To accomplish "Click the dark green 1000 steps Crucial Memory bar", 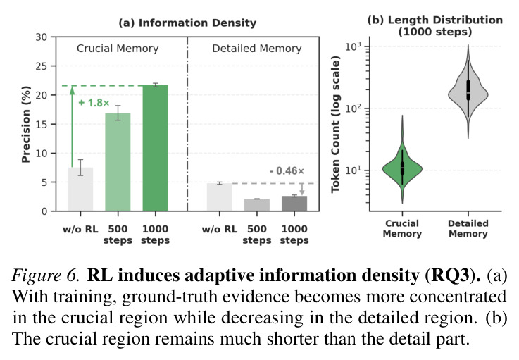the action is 155,148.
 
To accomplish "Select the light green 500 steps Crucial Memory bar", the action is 118,162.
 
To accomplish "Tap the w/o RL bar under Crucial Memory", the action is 80,189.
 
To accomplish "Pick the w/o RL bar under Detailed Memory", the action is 220,197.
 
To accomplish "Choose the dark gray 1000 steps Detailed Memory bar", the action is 294,204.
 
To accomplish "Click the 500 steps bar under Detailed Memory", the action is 257,205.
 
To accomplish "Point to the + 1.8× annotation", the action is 94,103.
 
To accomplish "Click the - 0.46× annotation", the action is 287,171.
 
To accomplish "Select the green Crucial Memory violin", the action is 402,166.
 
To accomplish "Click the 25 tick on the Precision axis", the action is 42,66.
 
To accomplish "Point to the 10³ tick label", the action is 353,46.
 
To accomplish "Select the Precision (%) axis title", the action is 26,124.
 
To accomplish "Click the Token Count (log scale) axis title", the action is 335,124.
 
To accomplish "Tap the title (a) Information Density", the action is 187,23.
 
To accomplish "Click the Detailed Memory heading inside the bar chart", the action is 257,49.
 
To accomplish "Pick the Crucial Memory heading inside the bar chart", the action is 118,49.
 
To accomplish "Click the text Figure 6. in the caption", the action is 46,275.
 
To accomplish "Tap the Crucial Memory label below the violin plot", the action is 402,228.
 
